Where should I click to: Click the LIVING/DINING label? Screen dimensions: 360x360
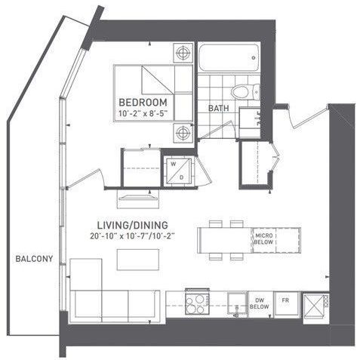pos(132,225)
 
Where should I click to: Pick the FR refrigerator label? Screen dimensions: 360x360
pos(285,299)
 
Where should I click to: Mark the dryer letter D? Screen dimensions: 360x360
pos(183,176)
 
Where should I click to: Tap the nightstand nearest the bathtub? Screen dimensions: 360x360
pos(182,54)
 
